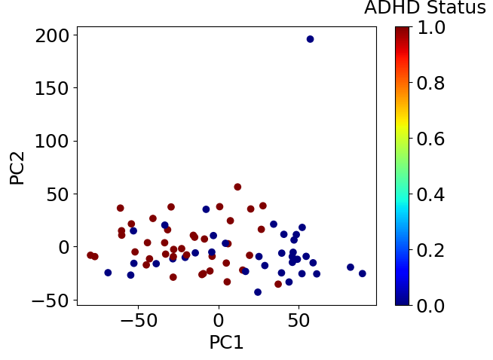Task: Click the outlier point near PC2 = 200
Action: (x=310, y=39)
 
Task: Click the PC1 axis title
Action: (x=226, y=342)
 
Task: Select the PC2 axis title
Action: (x=17, y=167)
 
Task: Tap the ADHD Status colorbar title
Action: (x=424, y=9)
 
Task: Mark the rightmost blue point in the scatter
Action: (x=363, y=273)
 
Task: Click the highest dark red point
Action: (x=237, y=187)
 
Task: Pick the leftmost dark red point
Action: (x=90, y=255)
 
